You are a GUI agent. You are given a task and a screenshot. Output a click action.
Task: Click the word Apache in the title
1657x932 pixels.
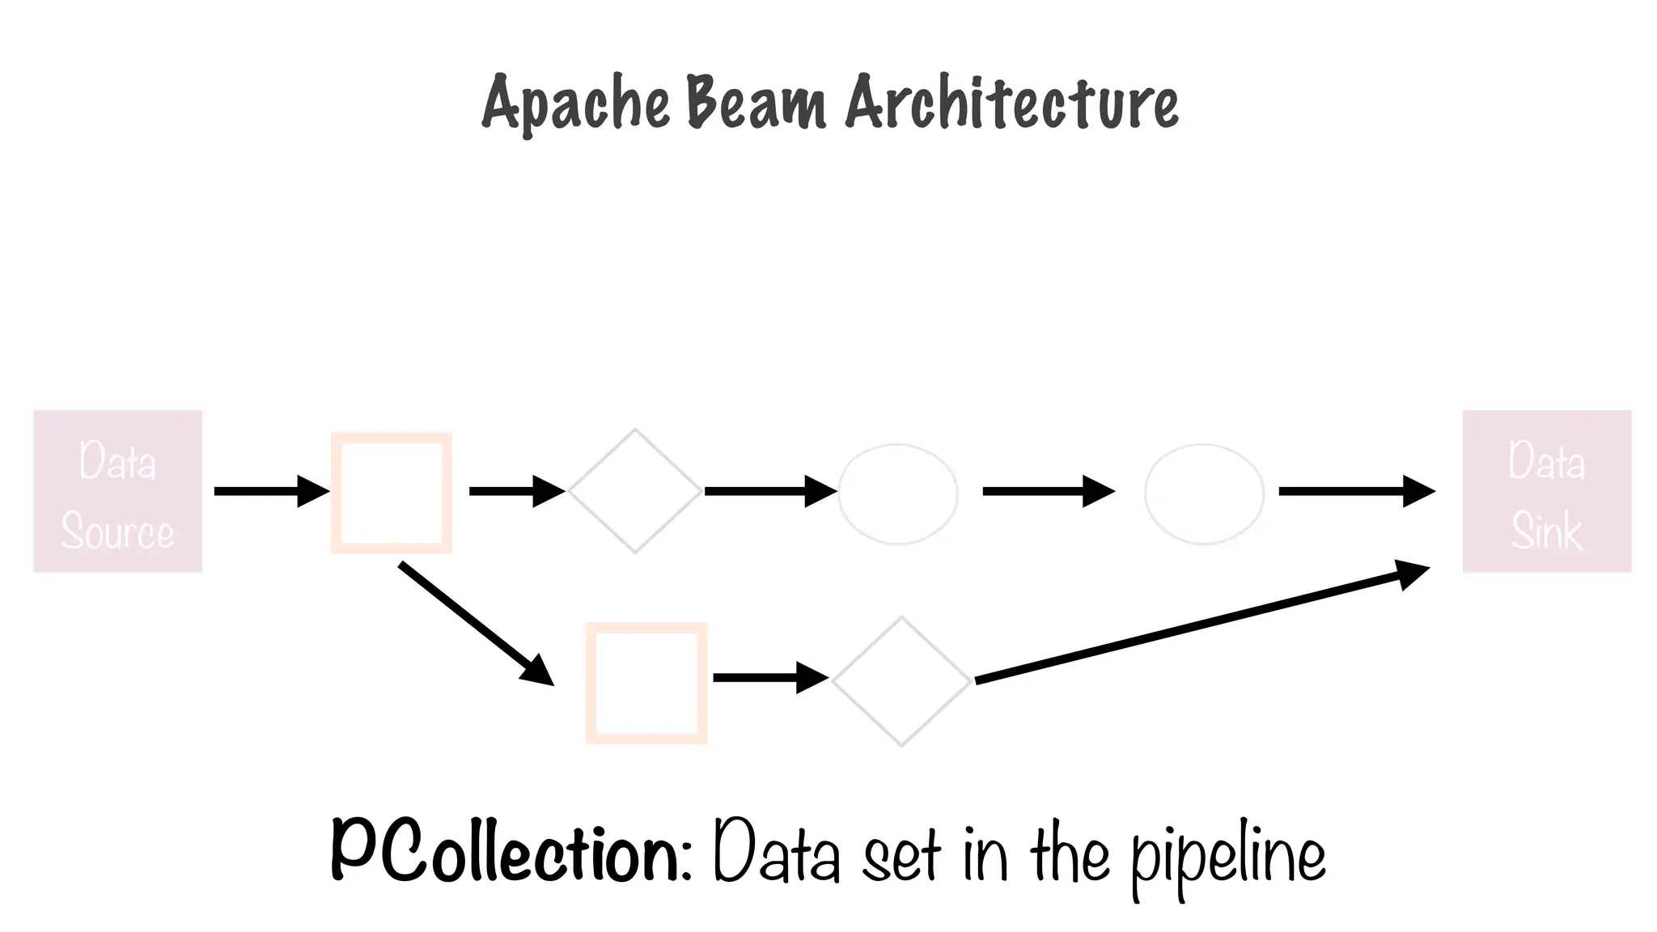576,104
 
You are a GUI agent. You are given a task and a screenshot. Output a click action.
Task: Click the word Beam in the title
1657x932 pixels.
756,104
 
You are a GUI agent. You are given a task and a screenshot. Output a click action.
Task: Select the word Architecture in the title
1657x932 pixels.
1011,104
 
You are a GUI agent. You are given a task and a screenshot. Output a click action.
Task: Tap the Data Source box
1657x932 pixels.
117,492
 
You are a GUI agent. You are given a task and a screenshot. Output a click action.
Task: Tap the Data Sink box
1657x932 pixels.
1546,492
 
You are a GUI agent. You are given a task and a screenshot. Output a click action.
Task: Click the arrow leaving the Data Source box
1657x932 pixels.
270,491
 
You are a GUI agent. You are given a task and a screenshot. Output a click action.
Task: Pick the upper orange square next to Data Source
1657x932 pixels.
392,493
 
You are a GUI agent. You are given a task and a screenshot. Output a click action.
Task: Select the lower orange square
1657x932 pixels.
646,683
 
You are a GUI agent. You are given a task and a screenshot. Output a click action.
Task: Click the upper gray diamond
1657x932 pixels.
635,491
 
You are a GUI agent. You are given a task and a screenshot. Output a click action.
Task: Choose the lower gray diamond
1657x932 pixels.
901,681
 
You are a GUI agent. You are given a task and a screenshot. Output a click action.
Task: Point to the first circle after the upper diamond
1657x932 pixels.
898,494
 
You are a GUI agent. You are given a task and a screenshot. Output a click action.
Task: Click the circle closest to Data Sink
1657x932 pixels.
1204,494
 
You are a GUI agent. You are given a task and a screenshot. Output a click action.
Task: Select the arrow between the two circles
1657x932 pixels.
1048,491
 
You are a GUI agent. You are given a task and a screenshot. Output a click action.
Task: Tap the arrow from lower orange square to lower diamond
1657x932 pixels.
769,677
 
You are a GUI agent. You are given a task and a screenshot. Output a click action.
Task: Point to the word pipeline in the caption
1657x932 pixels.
1227,858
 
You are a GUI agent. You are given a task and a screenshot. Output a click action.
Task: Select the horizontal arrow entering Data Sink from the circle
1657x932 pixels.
1355,491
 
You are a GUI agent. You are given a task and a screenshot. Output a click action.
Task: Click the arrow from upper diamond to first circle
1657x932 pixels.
769,491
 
